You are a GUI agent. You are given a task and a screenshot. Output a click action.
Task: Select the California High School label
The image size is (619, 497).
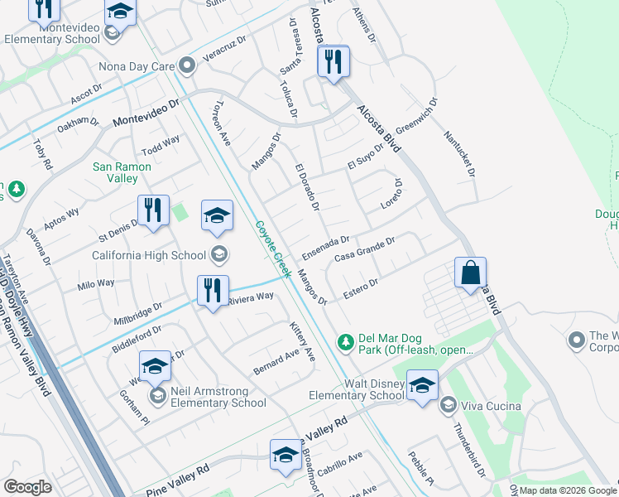(149, 255)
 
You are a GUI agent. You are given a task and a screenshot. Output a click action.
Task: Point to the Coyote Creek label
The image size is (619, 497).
(271, 248)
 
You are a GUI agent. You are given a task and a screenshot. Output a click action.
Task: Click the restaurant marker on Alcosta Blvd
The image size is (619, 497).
(333, 63)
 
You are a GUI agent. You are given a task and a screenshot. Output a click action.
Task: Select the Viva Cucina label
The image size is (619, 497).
(492, 405)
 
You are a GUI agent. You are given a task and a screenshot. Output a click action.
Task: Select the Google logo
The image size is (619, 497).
(28, 487)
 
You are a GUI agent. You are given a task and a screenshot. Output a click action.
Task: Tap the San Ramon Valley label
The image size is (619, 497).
(122, 172)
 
